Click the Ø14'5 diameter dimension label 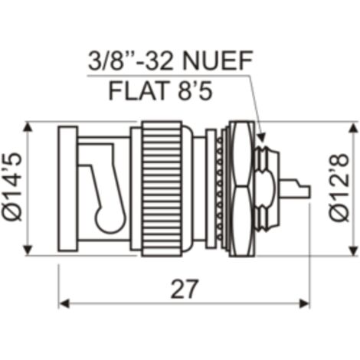(12, 187)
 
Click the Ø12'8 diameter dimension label (339, 187)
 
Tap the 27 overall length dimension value (184, 289)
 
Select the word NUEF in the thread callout (218, 61)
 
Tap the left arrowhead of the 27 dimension (64, 304)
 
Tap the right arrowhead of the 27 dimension (304, 304)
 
